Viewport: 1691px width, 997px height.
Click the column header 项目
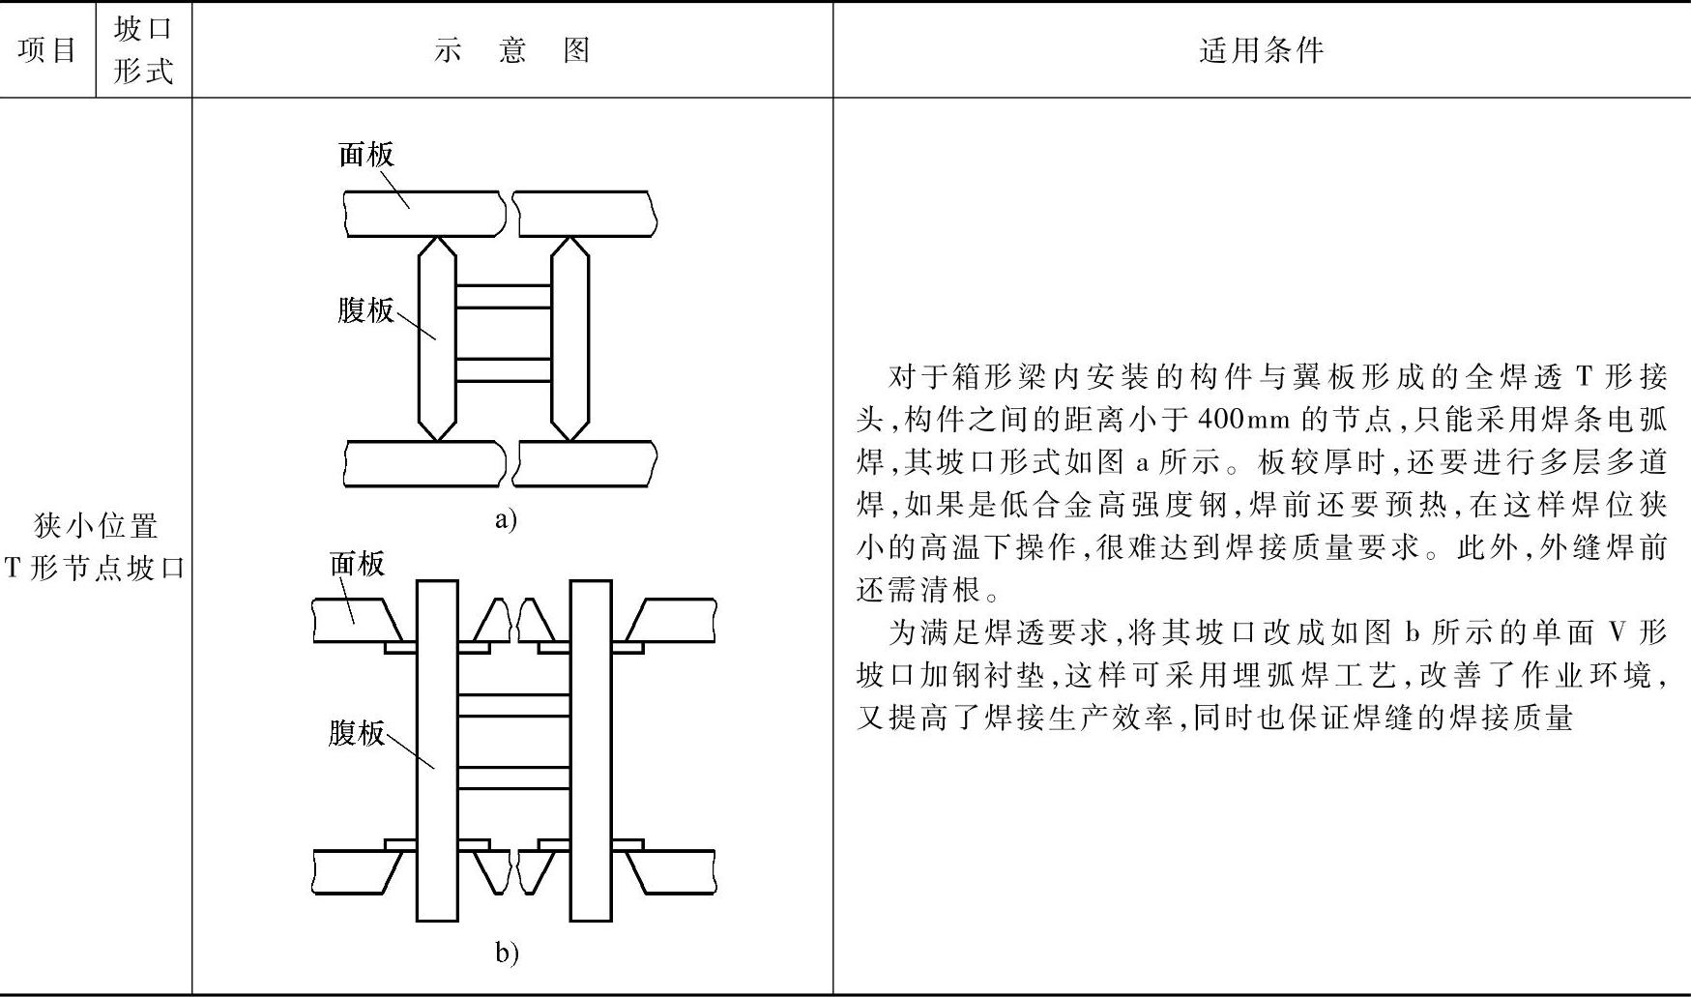47,49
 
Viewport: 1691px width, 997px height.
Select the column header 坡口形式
143,49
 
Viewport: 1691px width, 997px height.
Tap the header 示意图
511,49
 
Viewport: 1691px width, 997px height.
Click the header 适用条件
1261,49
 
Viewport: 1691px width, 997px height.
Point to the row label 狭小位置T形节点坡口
96,546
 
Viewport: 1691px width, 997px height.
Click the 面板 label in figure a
366,154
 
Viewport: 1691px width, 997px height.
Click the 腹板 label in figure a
365,309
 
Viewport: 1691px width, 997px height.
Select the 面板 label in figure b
357,563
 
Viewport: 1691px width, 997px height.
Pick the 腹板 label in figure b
356,732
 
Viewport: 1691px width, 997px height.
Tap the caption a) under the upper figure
506,519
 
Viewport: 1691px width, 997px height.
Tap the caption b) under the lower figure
507,953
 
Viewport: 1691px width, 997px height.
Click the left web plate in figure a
437,338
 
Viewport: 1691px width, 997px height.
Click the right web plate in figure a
569,338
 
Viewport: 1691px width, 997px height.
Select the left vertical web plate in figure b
437,749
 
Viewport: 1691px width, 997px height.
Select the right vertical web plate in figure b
590,749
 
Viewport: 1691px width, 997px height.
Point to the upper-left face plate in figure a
423,214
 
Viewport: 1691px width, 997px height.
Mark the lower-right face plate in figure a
586,463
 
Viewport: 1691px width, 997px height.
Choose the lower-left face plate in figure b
353,871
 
